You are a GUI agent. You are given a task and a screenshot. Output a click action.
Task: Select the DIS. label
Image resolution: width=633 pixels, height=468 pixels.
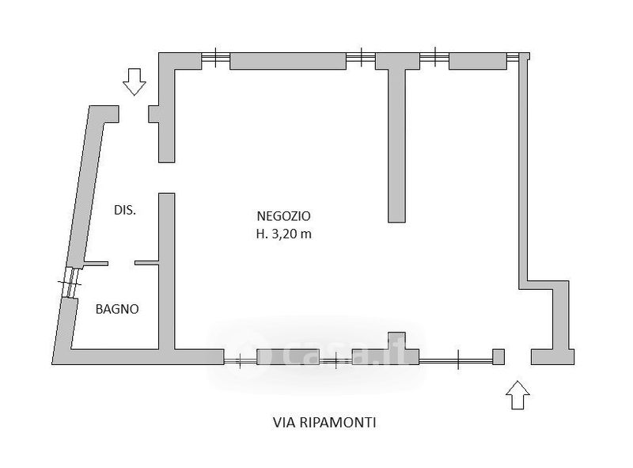click(124, 211)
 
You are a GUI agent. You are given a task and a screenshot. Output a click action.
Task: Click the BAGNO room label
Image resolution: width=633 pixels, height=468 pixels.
click(117, 310)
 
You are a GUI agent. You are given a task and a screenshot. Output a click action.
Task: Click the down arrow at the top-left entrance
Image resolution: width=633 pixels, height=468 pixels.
click(135, 81)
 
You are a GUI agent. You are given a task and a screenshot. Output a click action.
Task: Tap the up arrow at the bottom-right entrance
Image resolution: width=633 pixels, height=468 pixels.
click(517, 394)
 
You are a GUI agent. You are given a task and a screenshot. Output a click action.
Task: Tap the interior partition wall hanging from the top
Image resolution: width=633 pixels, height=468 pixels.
click(396, 143)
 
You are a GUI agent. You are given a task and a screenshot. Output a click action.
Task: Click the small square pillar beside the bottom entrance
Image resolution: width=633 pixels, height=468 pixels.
click(498, 356)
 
